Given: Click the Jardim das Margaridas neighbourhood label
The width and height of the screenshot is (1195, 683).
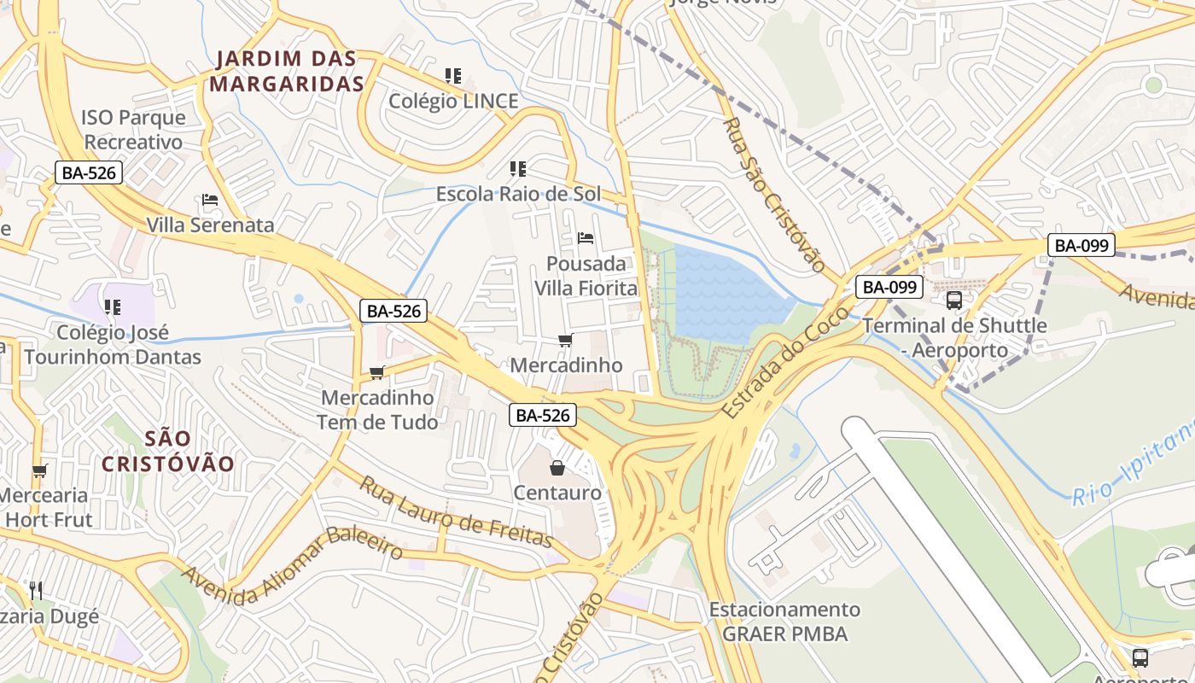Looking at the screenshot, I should point(287,72).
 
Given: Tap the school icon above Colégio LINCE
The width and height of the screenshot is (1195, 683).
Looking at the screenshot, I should point(453,76).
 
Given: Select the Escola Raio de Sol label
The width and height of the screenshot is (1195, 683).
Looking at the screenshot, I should point(518,194).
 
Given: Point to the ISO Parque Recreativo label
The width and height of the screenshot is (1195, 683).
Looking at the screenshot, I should point(133,130).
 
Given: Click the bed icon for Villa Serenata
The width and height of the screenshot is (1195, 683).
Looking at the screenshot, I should point(210,201).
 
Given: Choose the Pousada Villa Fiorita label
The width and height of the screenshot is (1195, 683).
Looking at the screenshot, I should point(586,276).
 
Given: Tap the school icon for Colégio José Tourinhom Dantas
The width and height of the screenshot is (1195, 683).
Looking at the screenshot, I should point(113,306).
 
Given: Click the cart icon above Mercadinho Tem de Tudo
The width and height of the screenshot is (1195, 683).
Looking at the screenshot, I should point(376,372).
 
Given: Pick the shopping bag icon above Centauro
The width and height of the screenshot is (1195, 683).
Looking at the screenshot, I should point(557,468).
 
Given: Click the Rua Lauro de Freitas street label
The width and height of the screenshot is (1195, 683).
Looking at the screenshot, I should point(455,511).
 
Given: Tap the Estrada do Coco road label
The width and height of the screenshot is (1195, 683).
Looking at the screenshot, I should point(785,362).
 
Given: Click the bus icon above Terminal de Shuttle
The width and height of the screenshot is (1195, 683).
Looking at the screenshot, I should point(953,301).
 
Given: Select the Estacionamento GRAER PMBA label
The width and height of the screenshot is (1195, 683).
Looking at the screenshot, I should point(784,622).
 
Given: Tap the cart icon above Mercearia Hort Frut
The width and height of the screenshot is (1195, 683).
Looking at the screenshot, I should point(39,470).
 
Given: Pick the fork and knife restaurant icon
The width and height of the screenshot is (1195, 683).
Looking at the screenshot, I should point(36,590).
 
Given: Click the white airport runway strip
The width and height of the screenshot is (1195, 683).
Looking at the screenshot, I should point(956,546).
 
